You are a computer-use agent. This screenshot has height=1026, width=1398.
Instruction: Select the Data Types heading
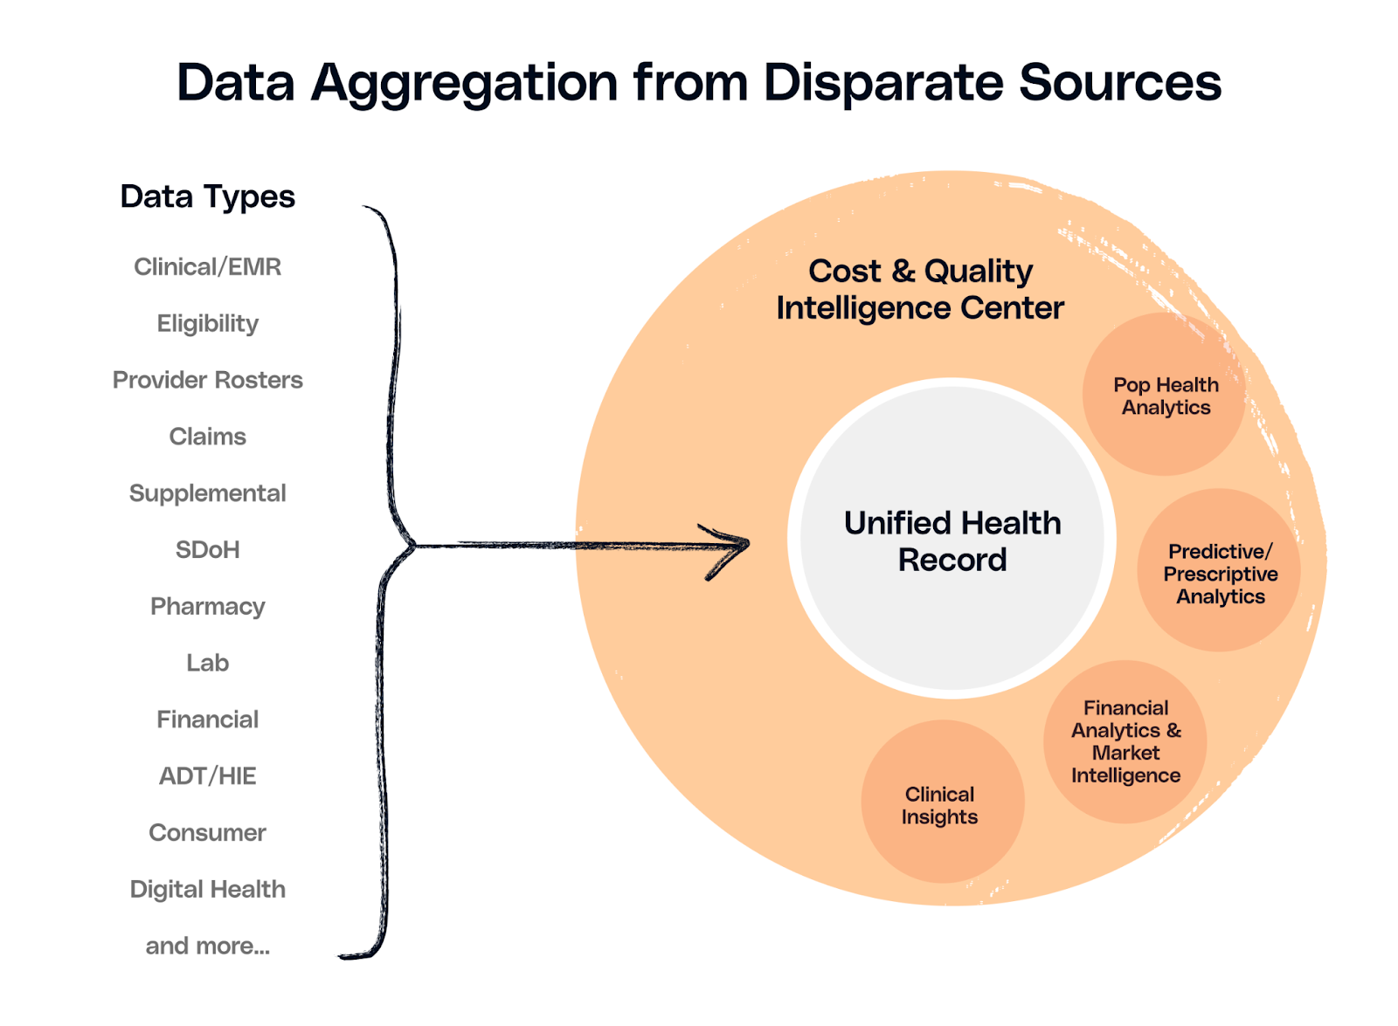coord(207,197)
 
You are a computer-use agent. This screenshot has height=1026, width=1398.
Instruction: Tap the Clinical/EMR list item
coord(207,266)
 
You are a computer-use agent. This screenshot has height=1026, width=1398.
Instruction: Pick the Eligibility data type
coord(207,323)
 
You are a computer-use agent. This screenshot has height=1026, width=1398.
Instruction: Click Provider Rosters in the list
coord(207,380)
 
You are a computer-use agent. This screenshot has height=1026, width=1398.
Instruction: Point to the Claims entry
coord(207,437)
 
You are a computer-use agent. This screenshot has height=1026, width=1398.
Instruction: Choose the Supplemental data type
coord(207,493)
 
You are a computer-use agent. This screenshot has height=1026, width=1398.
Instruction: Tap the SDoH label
coord(207,550)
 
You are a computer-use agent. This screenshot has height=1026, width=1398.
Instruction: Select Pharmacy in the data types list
coord(207,606)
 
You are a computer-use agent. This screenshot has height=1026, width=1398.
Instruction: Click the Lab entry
coord(207,663)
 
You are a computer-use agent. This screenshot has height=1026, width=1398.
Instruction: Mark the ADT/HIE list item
coord(207,775)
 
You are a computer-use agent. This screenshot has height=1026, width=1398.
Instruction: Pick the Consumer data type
coord(207,832)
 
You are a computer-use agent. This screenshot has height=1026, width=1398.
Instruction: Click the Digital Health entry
coord(207,889)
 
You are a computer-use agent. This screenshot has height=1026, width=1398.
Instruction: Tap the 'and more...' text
coord(207,946)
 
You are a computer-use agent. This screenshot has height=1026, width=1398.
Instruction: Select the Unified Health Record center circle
coord(952,540)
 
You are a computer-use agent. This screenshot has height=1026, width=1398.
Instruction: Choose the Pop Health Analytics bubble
coord(1166,396)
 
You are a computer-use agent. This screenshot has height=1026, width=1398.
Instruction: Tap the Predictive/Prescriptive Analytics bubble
coord(1220,573)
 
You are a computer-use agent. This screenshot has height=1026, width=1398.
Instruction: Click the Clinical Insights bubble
coord(940,804)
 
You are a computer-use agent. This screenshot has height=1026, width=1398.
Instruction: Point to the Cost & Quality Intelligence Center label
coord(920,289)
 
